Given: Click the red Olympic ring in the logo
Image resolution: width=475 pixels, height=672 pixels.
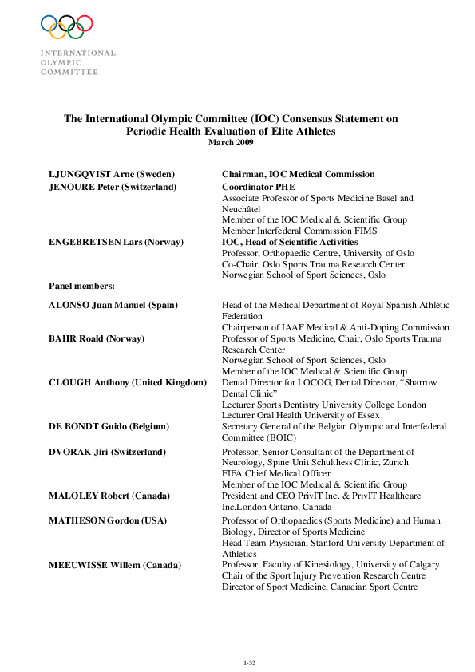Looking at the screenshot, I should (x=85, y=23).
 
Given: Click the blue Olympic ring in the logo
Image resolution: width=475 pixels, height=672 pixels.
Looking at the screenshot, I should (x=49, y=23).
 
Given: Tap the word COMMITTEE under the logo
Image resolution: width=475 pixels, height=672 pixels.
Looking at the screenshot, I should (x=69, y=72).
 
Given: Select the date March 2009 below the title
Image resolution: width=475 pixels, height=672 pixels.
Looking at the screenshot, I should (x=231, y=142).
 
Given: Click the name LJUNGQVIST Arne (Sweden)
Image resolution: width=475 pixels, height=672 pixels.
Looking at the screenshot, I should (x=112, y=174).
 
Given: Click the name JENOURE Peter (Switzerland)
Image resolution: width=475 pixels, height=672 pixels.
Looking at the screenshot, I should (x=113, y=187).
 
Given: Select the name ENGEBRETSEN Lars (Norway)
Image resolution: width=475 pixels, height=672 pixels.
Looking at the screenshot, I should (x=116, y=242).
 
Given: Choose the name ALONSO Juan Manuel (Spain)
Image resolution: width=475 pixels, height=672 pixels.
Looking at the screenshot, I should (x=113, y=305).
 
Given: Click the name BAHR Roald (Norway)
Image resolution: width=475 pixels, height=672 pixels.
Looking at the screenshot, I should (x=97, y=338).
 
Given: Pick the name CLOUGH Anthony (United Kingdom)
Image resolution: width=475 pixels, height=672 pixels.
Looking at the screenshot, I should (x=128, y=383).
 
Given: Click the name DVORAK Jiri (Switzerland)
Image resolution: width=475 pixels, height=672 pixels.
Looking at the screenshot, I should (x=108, y=452).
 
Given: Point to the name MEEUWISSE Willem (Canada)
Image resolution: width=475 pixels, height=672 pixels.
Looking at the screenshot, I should (x=115, y=565).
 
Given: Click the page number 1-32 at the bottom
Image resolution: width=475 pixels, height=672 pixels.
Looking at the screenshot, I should (x=248, y=662).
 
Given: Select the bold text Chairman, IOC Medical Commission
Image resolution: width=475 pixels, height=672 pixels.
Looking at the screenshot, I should (x=298, y=174).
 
